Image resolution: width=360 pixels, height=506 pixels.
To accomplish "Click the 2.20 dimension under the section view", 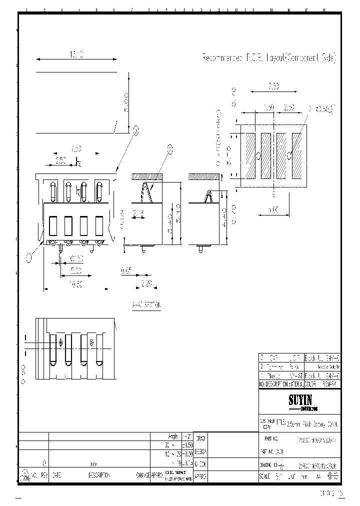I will coord(146,283).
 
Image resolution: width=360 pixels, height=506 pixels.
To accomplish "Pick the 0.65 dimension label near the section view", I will coord(126,270).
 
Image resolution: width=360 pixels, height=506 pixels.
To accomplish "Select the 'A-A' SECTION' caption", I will coord(146,304).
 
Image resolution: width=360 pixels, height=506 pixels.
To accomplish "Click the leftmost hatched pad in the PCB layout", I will coord(250,155).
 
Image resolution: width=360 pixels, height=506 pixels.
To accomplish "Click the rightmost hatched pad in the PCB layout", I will coord(296,155).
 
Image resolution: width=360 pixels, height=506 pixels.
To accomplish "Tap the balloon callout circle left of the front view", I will coord(29,257).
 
